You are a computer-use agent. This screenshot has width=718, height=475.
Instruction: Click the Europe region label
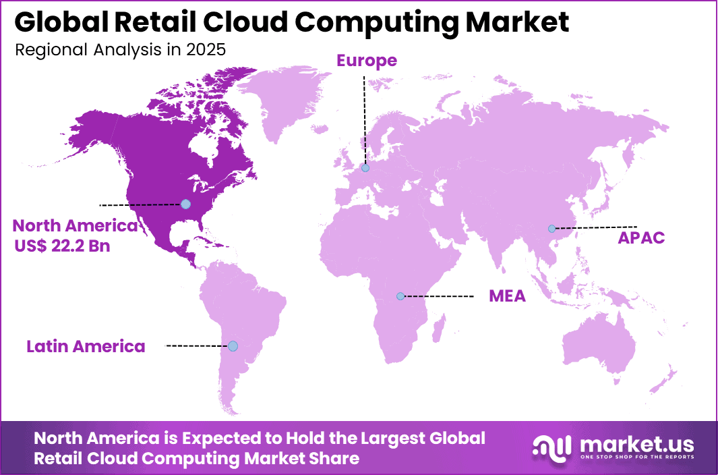coord(367,61)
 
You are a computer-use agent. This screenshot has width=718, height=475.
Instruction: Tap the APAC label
coord(641,237)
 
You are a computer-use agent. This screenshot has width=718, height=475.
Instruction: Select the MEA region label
coord(507,296)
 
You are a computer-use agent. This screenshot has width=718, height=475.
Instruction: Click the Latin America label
coord(86,347)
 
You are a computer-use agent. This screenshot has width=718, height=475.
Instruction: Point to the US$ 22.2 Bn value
coord(62,246)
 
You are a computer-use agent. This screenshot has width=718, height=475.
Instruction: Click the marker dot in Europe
coord(365,168)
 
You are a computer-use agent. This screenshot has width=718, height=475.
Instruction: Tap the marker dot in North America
coord(185,204)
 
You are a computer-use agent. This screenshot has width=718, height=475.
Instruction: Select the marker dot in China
coord(551,229)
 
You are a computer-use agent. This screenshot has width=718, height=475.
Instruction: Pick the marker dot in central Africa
coord(400,296)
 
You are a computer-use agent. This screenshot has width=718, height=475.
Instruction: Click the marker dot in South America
coord(233,346)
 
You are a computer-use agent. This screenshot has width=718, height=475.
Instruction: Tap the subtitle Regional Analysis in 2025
coord(119,50)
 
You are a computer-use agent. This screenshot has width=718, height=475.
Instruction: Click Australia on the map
coord(600,344)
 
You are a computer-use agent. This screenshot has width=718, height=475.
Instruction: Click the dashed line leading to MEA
coord(438,296)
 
